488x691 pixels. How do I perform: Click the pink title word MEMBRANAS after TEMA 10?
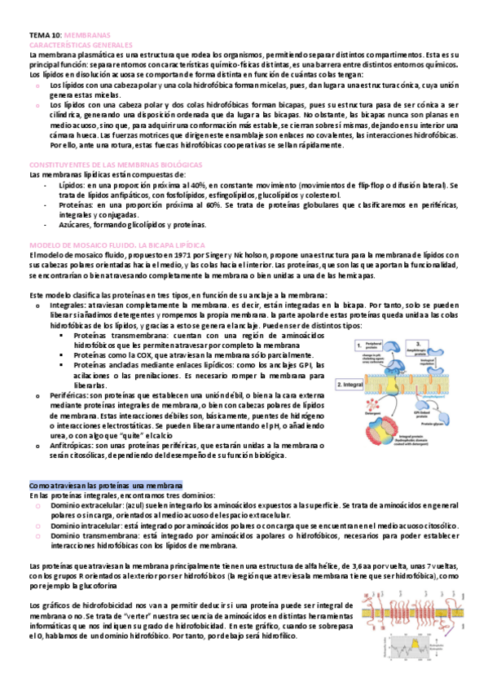click(86, 37)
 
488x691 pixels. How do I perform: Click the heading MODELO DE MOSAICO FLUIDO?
click(79, 244)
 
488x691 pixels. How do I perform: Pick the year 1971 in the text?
click(163, 254)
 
